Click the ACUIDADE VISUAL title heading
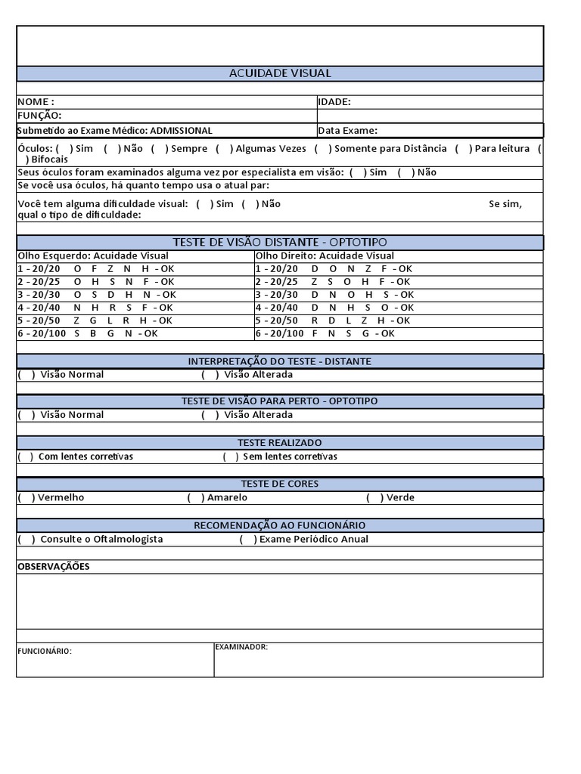point(280,73)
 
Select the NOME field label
point(36,102)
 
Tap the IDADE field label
point(334,102)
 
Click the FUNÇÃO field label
point(39,116)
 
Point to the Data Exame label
point(347,131)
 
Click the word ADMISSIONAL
point(181,131)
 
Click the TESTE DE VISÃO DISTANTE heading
point(280,242)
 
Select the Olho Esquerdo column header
point(93,255)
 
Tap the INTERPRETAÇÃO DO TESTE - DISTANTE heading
point(280,361)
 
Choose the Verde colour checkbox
point(374,497)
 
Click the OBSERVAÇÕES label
point(53,567)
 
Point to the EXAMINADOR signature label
point(241,647)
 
